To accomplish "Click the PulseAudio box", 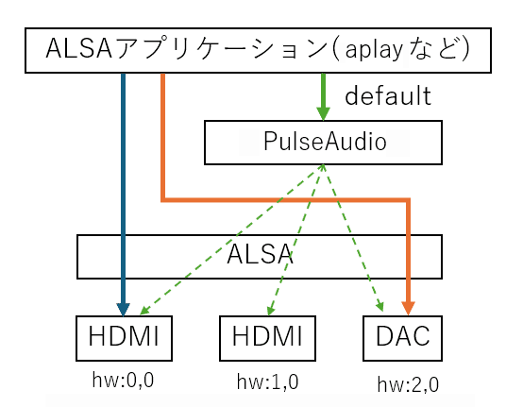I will tap(323, 143).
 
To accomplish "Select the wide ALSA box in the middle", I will tap(259, 256).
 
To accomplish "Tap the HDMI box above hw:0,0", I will tap(124, 338).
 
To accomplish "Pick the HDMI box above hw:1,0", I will tap(267, 338).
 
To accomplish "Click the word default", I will tap(387, 95).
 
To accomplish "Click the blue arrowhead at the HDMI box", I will tap(124, 308).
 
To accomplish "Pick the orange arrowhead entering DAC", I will tap(409, 308).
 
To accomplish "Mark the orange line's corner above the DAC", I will tap(409, 200).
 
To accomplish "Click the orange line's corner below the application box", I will tap(163, 199).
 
